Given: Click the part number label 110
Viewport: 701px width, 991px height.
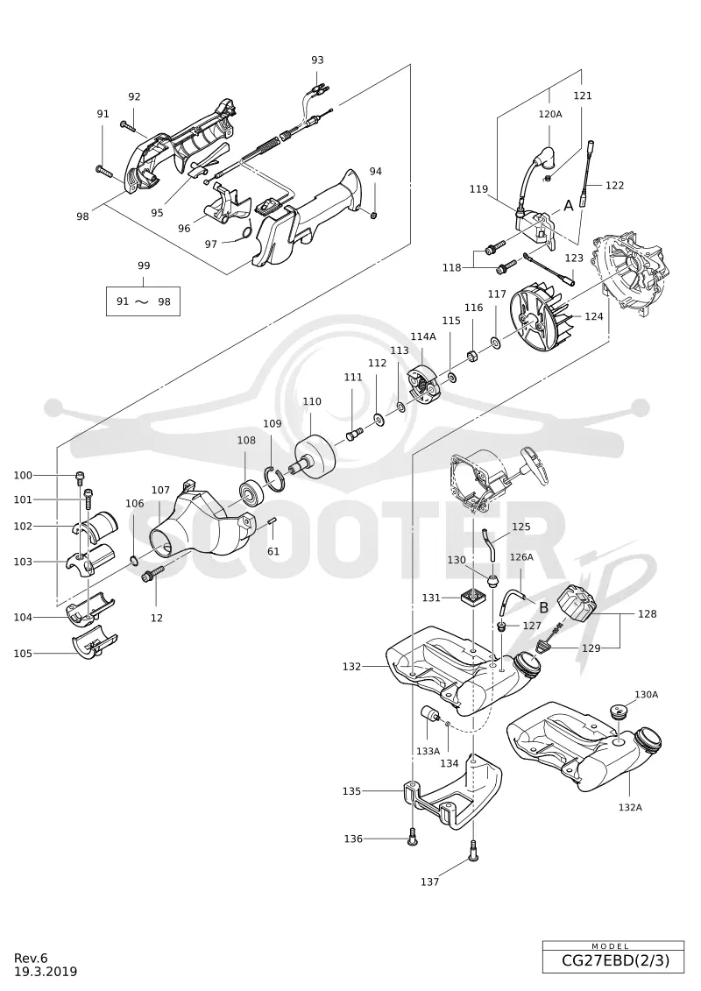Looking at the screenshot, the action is [x=312, y=401].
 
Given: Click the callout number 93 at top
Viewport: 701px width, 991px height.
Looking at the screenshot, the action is [x=317, y=60].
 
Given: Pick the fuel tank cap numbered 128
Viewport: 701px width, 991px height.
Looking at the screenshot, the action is [x=575, y=606].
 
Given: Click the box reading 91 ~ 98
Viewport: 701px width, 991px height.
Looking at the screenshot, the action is [x=144, y=301].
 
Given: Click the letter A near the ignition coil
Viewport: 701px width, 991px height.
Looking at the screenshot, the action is [x=569, y=205].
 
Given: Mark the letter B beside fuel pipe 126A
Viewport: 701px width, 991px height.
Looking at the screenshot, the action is [x=543, y=608].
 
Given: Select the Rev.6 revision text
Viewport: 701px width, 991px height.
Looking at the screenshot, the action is [x=32, y=958].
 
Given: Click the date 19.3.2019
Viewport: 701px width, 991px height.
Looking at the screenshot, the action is [x=46, y=972].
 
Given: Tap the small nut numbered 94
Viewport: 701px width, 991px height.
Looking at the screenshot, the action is [x=373, y=216].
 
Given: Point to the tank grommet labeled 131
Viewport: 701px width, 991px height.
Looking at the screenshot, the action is [x=474, y=597].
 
